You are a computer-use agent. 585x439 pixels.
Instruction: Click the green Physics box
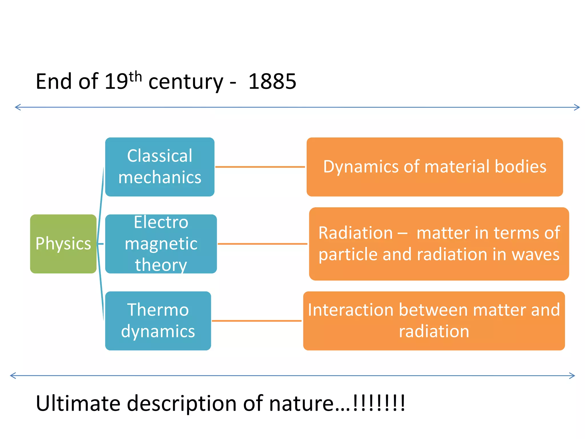click(63, 244)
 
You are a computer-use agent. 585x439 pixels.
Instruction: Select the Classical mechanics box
click(160, 167)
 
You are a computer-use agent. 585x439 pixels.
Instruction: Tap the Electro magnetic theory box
click(161, 244)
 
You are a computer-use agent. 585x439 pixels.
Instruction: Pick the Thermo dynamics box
click(158, 321)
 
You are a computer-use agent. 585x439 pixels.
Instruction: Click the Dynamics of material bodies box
click(434, 167)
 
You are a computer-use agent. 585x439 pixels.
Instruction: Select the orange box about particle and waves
click(439, 244)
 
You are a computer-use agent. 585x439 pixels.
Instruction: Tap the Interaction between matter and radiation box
click(434, 321)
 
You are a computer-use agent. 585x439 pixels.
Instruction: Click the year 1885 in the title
click(272, 82)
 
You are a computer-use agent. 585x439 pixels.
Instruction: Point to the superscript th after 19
click(135, 77)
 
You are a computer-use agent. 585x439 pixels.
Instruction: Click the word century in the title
click(186, 82)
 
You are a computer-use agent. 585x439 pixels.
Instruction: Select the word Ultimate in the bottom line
click(78, 403)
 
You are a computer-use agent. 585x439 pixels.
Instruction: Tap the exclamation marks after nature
click(379, 403)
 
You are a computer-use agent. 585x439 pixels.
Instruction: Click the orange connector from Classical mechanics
click(260, 167)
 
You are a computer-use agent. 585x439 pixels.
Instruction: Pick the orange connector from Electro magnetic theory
click(262, 244)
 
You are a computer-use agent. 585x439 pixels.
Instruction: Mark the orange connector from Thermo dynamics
click(257, 321)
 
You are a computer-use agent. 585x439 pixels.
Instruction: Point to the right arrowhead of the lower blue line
click(572, 376)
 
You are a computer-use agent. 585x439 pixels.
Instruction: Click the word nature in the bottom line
click(301, 403)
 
